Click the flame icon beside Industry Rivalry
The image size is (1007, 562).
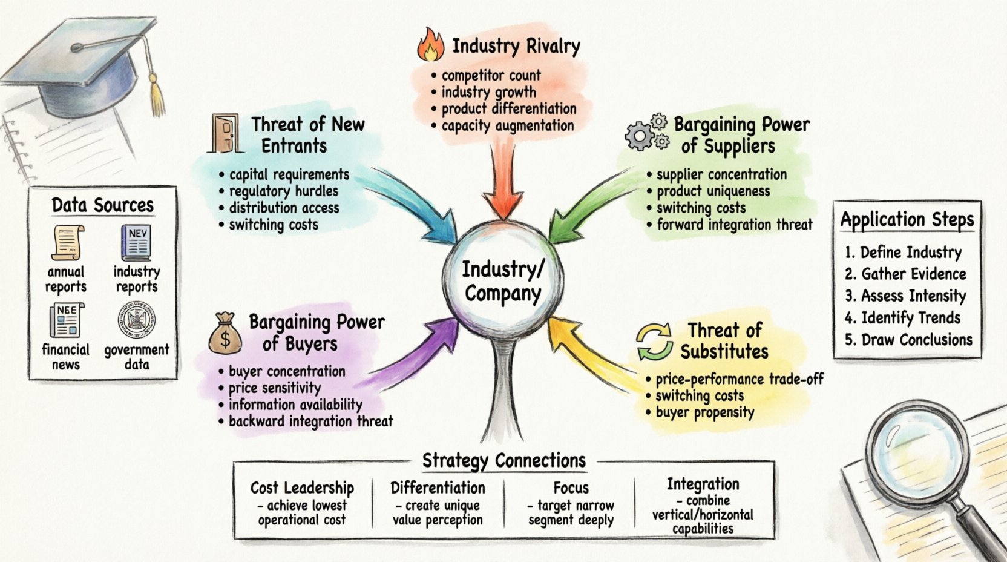tap(430, 45)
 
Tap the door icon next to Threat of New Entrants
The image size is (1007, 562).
tap(225, 133)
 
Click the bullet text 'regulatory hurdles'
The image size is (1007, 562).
tap(283, 191)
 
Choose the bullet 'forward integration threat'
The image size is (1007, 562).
tap(734, 225)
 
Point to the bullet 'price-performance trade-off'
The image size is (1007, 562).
tap(740, 380)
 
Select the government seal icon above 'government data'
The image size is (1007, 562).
tap(136, 319)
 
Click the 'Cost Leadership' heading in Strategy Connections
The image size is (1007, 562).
tap(302, 488)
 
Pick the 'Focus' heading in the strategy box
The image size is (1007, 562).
tap(571, 488)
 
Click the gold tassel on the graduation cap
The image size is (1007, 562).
tap(157, 91)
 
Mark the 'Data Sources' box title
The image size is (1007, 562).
tap(102, 205)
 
